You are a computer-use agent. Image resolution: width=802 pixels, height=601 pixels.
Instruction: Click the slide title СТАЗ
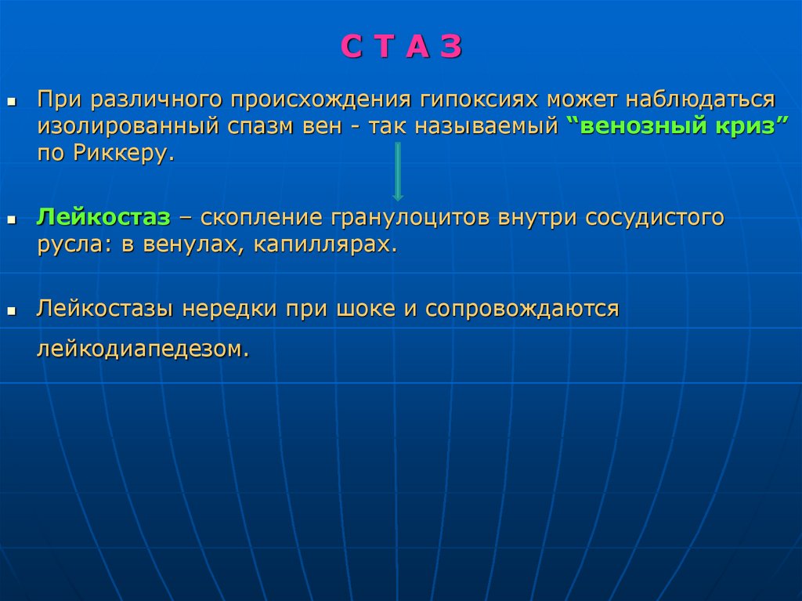point(401,48)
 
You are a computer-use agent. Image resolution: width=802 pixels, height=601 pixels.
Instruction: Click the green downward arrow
point(398,172)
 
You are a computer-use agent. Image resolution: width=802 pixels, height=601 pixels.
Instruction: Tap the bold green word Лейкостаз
point(103,217)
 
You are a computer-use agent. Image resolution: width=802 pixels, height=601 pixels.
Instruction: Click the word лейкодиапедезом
point(143,349)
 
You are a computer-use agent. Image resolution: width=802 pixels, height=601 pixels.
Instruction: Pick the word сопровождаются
point(522,308)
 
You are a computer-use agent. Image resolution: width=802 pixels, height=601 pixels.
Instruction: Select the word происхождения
point(321,100)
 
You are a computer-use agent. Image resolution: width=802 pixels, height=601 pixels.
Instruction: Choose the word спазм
point(254,126)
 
